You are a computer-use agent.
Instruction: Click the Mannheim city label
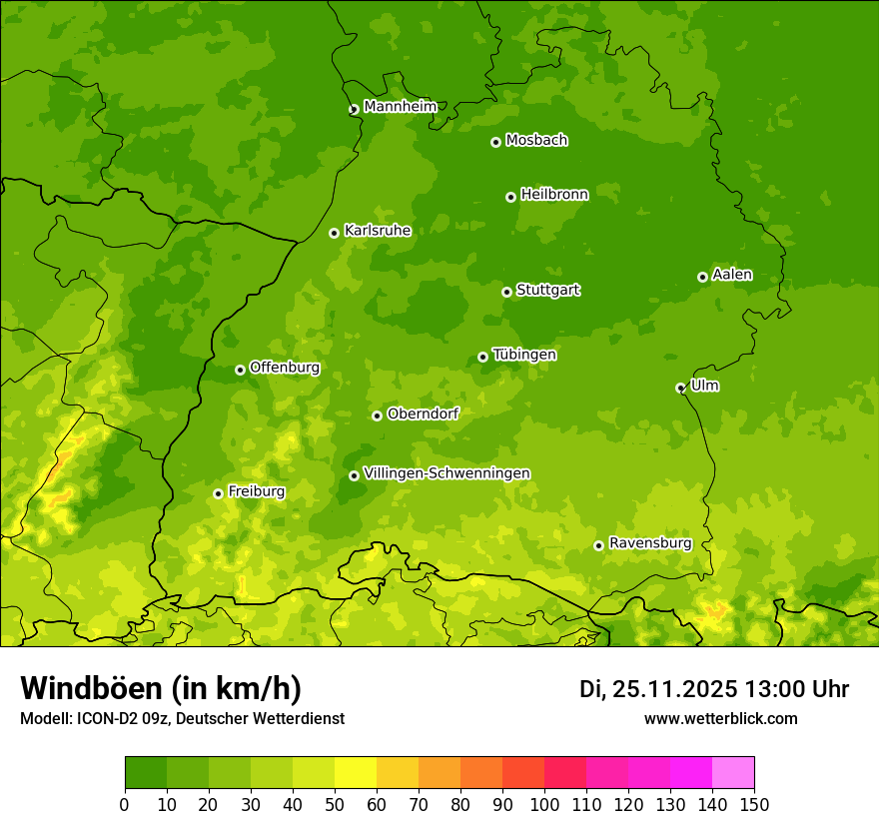click(x=400, y=107)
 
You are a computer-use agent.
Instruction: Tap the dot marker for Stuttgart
click(x=506, y=292)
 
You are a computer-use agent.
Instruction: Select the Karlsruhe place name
click(x=378, y=231)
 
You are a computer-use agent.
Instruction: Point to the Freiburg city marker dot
click(x=218, y=493)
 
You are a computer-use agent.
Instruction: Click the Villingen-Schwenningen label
click(x=446, y=473)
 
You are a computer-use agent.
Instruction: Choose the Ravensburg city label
click(x=650, y=543)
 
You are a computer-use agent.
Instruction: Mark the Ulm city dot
click(x=680, y=388)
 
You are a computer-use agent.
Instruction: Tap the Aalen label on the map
click(x=732, y=275)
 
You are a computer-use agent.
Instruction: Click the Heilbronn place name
click(x=554, y=195)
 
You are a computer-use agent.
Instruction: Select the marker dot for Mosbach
click(x=495, y=142)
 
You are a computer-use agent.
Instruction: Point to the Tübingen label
click(x=524, y=355)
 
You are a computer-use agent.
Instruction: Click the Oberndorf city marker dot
click(x=377, y=415)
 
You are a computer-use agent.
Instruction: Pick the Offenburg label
click(x=285, y=368)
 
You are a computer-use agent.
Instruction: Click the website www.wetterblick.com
click(x=720, y=718)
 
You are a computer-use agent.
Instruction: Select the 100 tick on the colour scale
click(x=544, y=804)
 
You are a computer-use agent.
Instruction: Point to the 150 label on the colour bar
click(x=754, y=804)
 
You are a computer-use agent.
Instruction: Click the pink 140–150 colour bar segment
click(x=733, y=772)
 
